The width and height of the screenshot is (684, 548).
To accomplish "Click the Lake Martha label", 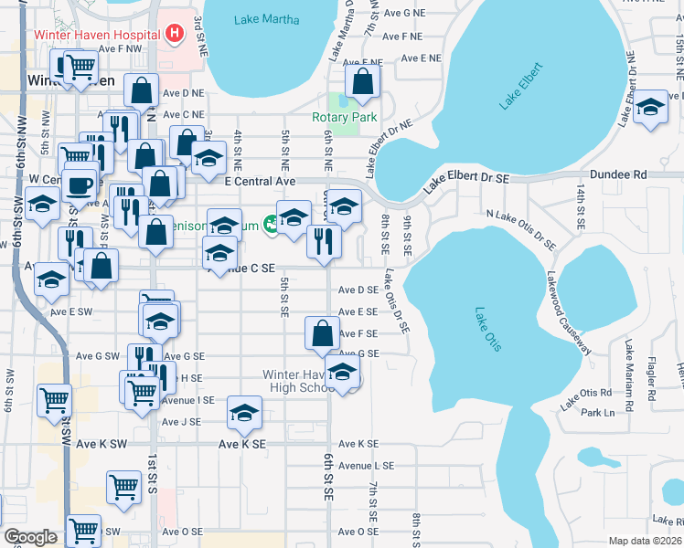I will [x=266, y=19].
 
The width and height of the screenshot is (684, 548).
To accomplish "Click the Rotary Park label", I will [x=344, y=118].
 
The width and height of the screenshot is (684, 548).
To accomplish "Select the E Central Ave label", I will [x=261, y=182].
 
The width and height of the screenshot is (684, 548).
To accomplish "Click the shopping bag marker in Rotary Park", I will [x=363, y=81].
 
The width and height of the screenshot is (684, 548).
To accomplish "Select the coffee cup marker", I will [x=80, y=184].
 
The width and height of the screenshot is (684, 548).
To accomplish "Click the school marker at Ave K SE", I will [x=244, y=413].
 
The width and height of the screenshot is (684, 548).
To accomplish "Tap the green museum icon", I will [x=271, y=223].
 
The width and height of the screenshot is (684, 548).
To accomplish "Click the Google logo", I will [x=31, y=537].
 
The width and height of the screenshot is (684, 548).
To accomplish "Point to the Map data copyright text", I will [x=646, y=541].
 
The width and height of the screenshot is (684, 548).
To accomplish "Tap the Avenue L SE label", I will [x=366, y=465].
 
